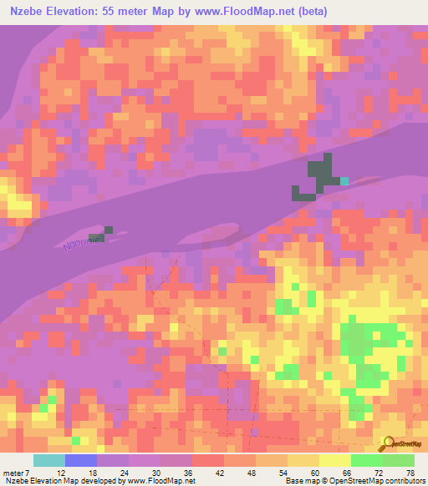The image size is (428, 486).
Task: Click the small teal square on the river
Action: click(344, 180)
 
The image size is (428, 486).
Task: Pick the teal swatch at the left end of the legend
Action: click(49, 460)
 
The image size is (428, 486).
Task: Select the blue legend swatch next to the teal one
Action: click(81, 460)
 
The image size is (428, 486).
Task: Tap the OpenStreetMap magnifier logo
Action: click(387, 443)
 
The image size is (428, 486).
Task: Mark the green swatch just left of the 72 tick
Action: click(367, 460)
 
